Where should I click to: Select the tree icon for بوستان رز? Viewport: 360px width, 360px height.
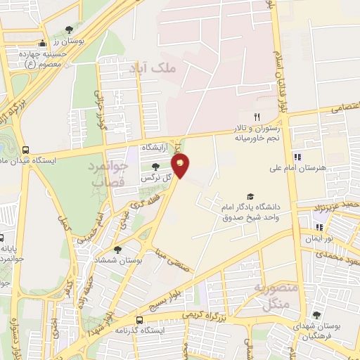pyautogui.click(x=69, y=30)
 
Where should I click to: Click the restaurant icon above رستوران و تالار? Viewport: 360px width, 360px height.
pyautogui.click(x=257, y=117)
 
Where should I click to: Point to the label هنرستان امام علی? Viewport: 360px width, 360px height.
pyautogui.click(x=298, y=169)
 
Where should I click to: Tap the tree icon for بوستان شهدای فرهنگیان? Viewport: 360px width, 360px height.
pyautogui.click(x=317, y=314)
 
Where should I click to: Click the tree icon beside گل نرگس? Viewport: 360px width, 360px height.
pyautogui.click(x=155, y=166)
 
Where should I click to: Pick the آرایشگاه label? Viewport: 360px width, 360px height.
pyautogui.click(x=156, y=148)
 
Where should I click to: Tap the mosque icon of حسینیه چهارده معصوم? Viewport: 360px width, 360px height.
pyautogui.click(x=42, y=44)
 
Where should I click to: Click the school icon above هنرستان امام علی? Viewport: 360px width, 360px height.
pyautogui.click(x=297, y=156)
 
